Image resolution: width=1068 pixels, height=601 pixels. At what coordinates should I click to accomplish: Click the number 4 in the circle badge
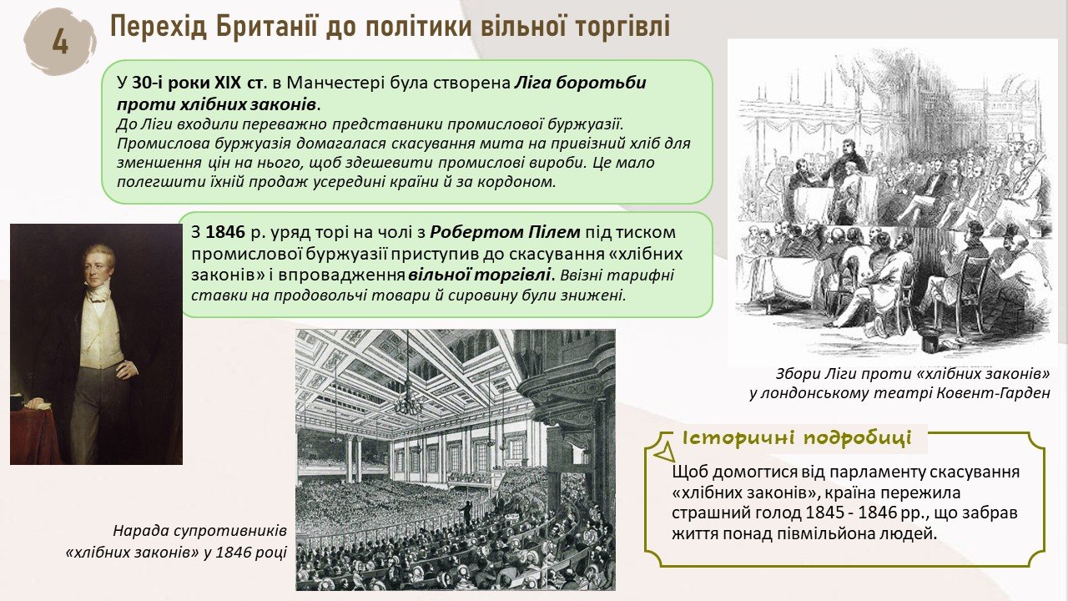(x=60, y=42)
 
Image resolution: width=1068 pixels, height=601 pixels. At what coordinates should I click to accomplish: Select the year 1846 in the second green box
(x=225, y=232)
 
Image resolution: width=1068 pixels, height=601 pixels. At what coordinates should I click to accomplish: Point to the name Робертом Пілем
(x=505, y=232)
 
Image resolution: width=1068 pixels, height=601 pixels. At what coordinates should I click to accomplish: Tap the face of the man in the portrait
(x=98, y=266)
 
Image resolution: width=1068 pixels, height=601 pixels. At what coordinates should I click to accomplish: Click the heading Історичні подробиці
(x=797, y=438)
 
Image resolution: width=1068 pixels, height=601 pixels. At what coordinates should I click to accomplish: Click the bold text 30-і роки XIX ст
(x=197, y=83)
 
